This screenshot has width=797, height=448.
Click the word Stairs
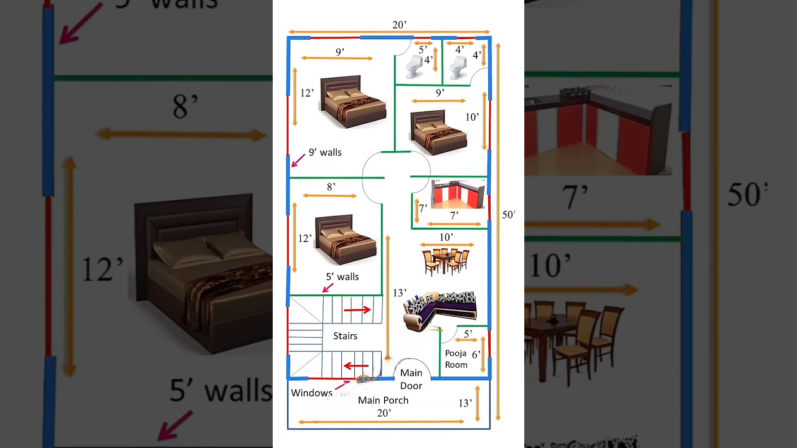(345, 336)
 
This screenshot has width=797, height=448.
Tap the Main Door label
(411, 379)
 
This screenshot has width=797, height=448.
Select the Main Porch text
(383, 400)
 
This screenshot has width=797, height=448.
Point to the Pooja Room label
(456, 359)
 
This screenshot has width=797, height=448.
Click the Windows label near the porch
(311, 393)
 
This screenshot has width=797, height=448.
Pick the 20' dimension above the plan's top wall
(399, 25)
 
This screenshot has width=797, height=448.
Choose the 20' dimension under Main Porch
(384, 413)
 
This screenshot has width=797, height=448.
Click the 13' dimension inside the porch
(465, 403)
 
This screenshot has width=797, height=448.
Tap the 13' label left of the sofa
(399, 292)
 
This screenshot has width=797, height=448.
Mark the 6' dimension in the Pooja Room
(476, 354)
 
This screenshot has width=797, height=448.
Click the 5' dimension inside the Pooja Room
(468, 334)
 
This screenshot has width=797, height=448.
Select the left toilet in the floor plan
(414, 66)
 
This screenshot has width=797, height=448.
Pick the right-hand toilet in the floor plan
(458, 66)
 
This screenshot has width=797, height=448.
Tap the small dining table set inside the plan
(446, 261)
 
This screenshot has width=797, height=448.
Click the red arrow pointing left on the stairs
(357, 366)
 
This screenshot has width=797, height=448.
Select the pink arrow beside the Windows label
(342, 386)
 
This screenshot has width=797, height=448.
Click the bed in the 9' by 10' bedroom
(438, 133)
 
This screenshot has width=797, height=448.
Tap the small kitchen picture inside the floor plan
(458, 194)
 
